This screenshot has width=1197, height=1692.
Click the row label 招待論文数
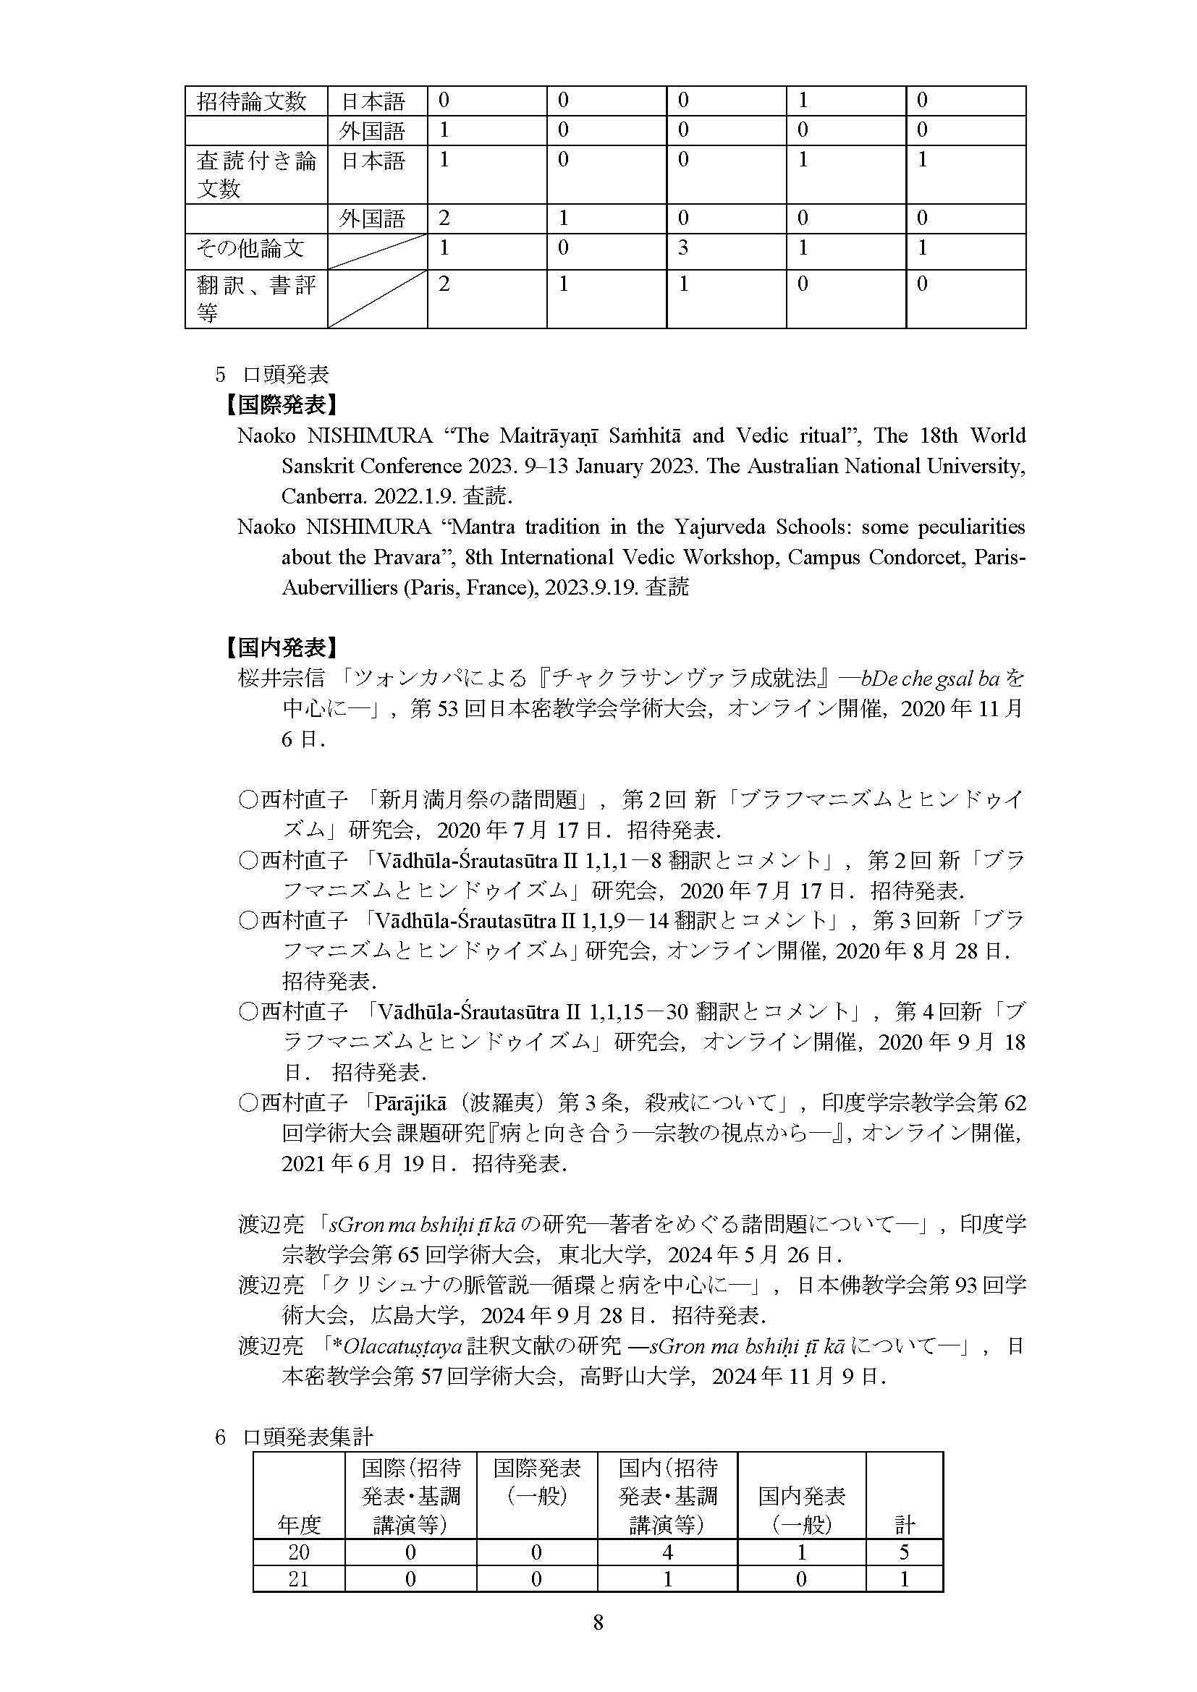(x=251, y=102)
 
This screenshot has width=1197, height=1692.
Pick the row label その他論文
(x=250, y=248)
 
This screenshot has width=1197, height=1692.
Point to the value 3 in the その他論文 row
(x=683, y=248)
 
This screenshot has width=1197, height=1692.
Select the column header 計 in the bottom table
(x=905, y=1524)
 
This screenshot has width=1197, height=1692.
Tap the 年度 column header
(x=298, y=1524)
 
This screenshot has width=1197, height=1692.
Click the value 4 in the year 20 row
(x=667, y=1552)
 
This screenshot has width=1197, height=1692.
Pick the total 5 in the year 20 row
(x=905, y=1552)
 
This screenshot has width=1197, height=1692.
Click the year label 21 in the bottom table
(x=298, y=1578)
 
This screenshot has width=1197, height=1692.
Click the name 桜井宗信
(x=281, y=678)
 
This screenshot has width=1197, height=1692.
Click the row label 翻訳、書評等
(x=255, y=299)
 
